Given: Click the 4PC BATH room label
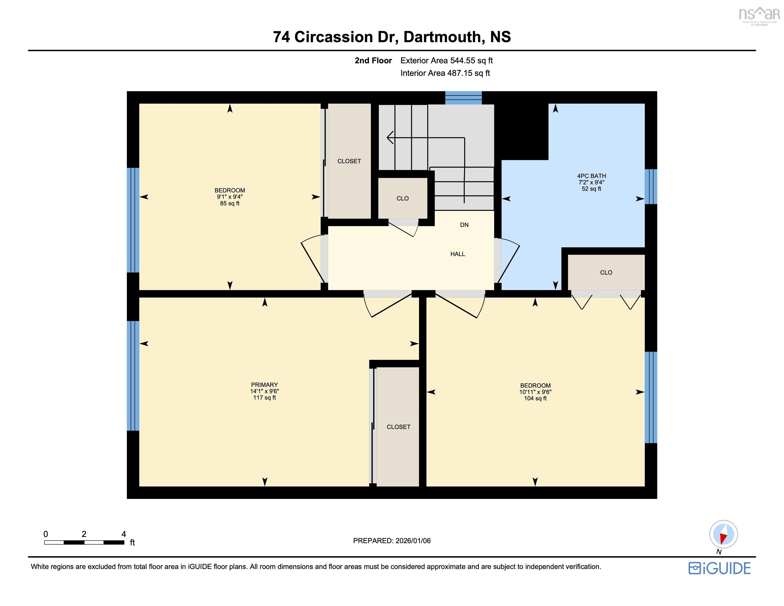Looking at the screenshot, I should tap(591, 176).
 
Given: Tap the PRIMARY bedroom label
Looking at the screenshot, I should tap(264, 385).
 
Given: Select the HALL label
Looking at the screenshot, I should tap(457, 254).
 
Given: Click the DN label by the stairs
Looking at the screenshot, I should tap(464, 225).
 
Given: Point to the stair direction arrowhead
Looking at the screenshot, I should tap(390, 138).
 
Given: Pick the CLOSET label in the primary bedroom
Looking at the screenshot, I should tap(398, 427).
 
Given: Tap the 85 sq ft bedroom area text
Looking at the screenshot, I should tap(230, 203).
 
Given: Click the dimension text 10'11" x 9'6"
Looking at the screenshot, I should tap(535, 392).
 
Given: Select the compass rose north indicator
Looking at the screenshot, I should tap(723, 534).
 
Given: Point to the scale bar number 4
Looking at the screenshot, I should tap(124, 534).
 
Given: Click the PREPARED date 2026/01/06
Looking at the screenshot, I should tap(413, 541).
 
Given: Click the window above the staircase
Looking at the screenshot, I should tap(464, 98).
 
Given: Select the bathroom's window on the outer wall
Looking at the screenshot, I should tap(650, 186).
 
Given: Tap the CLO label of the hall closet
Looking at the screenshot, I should tap(403, 198).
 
